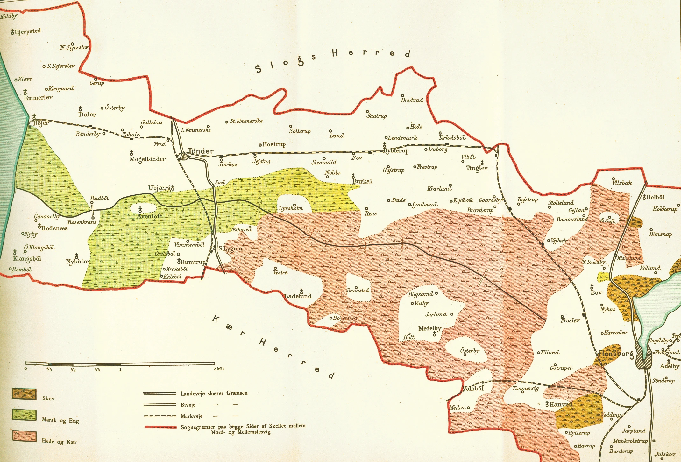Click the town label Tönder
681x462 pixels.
[x=201, y=151]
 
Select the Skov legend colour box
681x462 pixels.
[x=24, y=394]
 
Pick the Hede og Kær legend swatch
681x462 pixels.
[x=24, y=436]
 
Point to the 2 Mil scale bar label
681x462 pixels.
[x=219, y=369]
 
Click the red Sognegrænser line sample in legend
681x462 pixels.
[x=160, y=427]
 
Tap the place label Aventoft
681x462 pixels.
[x=150, y=216]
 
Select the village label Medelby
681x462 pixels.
[x=429, y=328]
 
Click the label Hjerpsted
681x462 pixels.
[x=28, y=31]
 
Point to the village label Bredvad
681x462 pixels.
[x=412, y=100]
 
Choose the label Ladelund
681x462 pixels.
[x=298, y=296]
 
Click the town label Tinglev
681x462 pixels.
[x=477, y=168]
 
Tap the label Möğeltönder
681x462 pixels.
[x=147, y=159]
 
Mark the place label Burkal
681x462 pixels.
[x=362, y=181]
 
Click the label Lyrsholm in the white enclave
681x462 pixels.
[x=290, y=209]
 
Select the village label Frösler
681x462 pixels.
[x=570, y=320]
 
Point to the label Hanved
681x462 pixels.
[x=561, y=404]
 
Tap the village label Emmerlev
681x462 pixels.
[x=38, y=97]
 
